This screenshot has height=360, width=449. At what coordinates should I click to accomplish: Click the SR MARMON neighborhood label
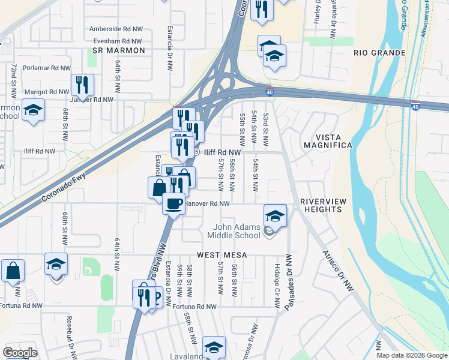[x=119, y=51]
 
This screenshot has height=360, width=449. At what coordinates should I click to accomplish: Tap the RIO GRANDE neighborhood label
[x=379, y=53]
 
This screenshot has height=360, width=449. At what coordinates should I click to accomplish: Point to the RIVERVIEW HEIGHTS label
[x=321, y=205]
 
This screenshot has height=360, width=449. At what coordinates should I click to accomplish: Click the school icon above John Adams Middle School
[x=275, y=215]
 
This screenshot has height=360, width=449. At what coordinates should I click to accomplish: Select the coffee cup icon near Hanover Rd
[x=173, y=203]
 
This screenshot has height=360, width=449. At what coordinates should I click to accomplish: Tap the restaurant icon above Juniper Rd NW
[x=82, y=85]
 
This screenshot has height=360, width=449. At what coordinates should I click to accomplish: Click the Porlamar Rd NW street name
[x=47, y=69]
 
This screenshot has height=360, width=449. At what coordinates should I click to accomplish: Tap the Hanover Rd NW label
[x=207, y=204]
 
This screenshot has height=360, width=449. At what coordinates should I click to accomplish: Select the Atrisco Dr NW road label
[x=339, y=271]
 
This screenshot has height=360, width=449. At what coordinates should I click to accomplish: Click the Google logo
[x=20, y=353]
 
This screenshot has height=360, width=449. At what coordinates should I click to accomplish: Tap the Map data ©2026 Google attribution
[x=411, y=355]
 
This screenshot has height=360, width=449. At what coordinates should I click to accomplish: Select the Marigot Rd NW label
[x=46, y=92]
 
